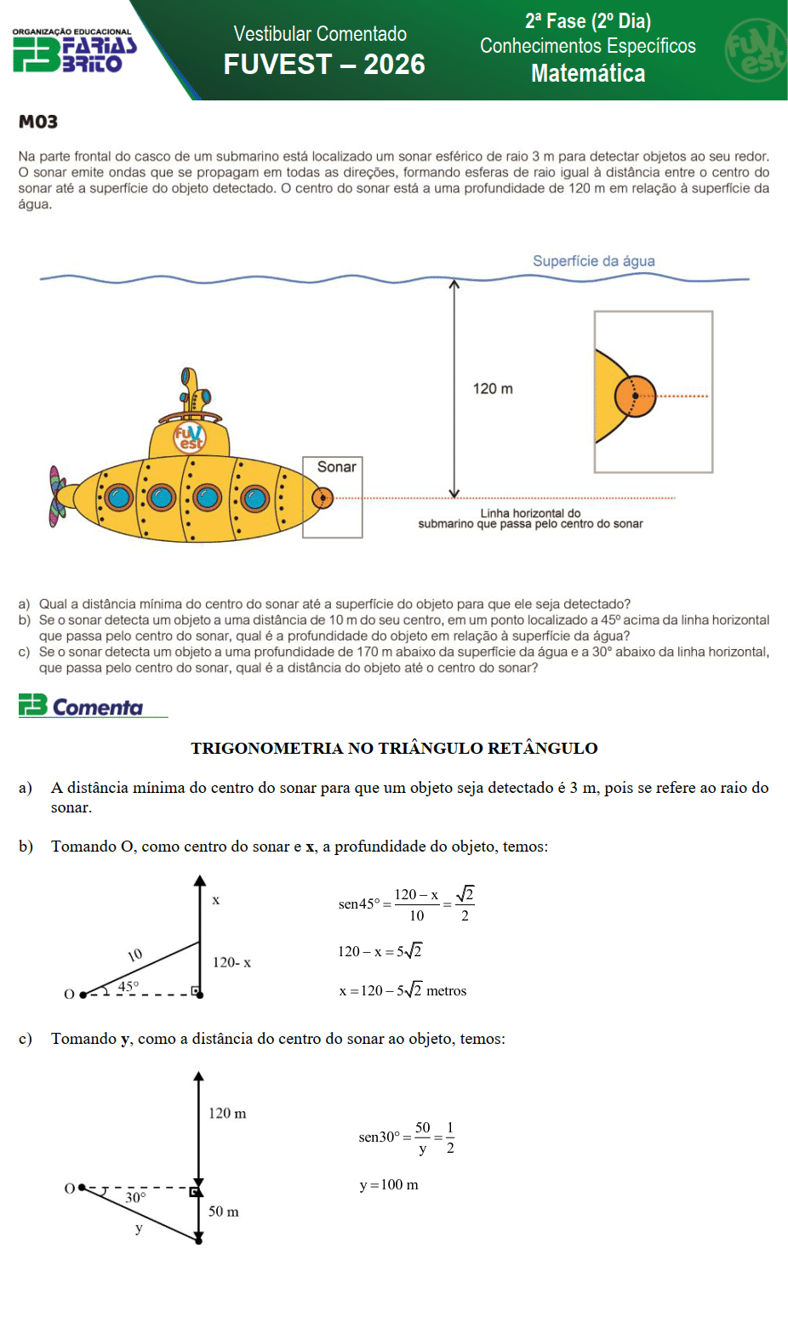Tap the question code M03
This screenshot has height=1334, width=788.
click(x=38, y=122)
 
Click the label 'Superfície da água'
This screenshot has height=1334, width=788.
click(x=593, y=261)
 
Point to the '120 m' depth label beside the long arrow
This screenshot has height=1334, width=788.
click(x=493, y=389)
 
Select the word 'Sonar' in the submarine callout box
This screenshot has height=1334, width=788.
click(x=336, y=467)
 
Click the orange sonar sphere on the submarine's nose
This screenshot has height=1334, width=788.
click(x=323, y=498)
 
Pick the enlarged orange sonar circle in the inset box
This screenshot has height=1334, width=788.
click(x=635, y=396)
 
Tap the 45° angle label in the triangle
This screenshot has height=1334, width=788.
click(x=128, y=986)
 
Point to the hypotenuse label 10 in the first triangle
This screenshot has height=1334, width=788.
click(x=134, y=955)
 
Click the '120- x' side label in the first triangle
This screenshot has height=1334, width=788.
click(x=231, y=962)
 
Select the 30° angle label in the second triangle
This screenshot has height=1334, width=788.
click(x=135, y=1198)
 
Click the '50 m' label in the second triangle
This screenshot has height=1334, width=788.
click(x=223, y=1211)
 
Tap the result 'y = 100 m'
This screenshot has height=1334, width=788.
click(x=389, y=1185)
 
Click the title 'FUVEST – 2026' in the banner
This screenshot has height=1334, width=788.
click(x=323, y=65)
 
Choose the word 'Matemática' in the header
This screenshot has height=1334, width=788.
click(x=588, y=74)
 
